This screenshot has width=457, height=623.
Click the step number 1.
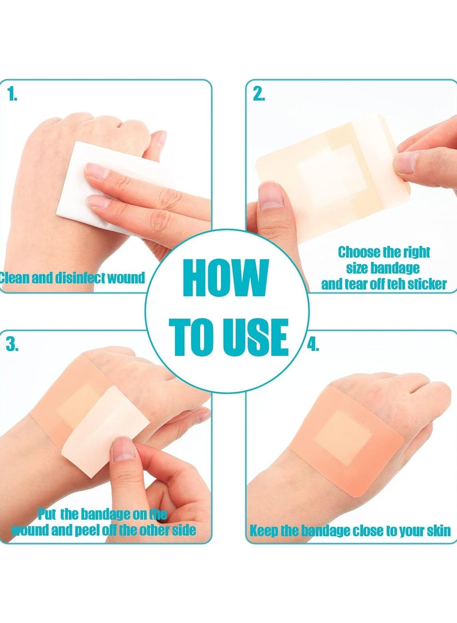point(12,95)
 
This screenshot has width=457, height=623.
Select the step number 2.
point(259,95)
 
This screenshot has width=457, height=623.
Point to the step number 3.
point(12,344)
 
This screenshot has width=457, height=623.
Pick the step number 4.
point(313,344)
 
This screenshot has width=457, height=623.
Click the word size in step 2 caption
point(358,268)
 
